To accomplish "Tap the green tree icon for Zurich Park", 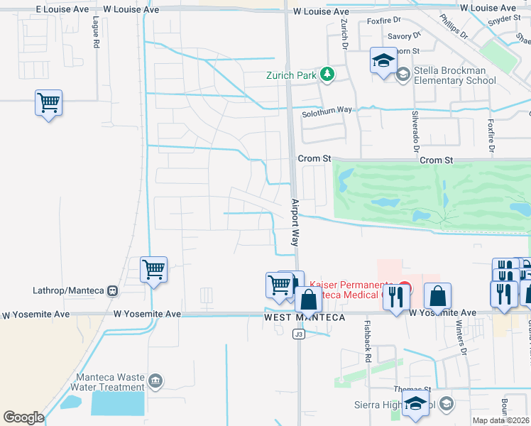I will click(327, 74).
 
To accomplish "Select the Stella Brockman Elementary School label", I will click(451, 76).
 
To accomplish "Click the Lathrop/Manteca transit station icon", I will click(112, 290).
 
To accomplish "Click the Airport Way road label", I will click(295, 222).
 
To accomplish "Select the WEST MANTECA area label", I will click(305, 317).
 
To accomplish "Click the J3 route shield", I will click(299, 335).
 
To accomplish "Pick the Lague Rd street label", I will click(96, 31).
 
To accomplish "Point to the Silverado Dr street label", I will click(415, 131).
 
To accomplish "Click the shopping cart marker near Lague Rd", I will click(48, 104).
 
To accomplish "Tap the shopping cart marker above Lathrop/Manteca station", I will click(153, 270).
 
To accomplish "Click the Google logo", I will click(23, 417).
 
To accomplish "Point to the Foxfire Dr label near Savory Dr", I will click(384, 21).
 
